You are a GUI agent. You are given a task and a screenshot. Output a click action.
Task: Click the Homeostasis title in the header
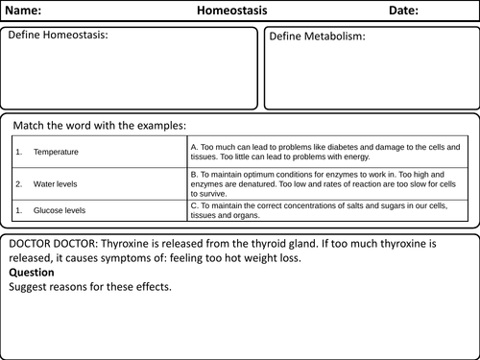click(232, 12)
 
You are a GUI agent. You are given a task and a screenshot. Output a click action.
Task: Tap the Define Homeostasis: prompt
click(58, 36)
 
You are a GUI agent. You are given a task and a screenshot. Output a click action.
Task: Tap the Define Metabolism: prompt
click(318, 36)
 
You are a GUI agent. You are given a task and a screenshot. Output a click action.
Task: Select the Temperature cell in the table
click(56, 152)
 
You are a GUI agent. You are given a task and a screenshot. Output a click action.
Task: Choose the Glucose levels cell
click(57, 207)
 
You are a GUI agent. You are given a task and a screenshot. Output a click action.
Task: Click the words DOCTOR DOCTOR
click(51, 243)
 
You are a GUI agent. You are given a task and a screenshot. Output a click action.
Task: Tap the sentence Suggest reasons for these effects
click(92, 285)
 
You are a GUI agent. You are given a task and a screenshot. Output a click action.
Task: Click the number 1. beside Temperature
click(18, 152)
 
